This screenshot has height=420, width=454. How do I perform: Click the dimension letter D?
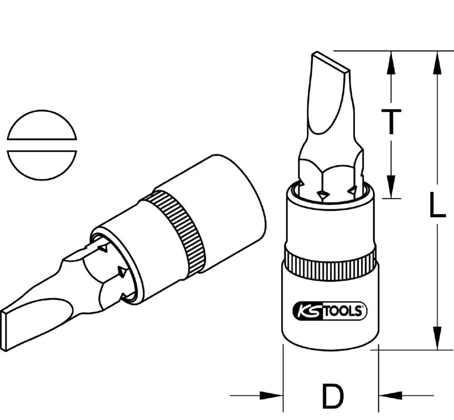point(332,396)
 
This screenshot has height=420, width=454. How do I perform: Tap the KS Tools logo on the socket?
point(331,311)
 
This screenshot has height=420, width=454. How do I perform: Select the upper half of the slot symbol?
point(42,125)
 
